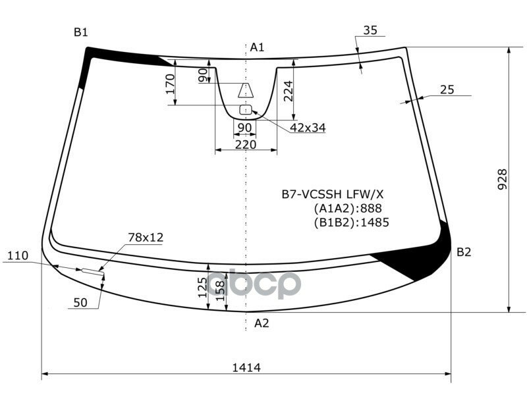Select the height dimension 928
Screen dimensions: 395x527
point(502,180)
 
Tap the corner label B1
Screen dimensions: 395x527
point(81,32)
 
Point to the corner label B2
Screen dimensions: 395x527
point(464,251)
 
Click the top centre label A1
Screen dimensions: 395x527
point(257,47)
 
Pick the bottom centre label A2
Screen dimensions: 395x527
point(262,323)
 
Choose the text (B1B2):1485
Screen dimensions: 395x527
point(351,222)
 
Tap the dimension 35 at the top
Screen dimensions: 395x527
point(370,30)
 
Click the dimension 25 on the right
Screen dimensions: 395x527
point(447,90)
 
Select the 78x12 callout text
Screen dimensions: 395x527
point(146,237)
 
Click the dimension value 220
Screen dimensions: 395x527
point(246,144)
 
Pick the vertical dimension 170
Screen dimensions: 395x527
point(169,85)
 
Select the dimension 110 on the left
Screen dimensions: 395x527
point(19,255)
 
